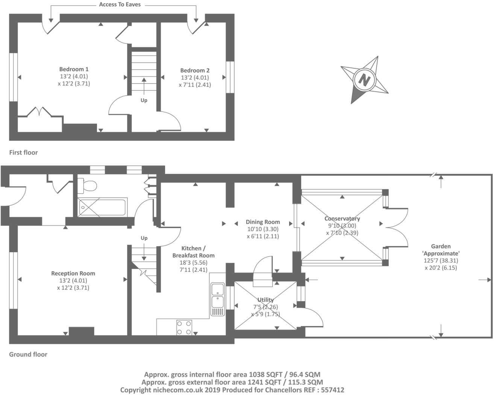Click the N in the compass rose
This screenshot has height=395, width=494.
[364, 79]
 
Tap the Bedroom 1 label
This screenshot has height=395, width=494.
[74, 69]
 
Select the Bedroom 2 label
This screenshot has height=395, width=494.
[195, 70]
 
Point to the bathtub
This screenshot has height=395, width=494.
[102, 207]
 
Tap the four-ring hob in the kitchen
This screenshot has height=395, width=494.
[184, 327]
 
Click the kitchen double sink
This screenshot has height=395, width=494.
[218, 299]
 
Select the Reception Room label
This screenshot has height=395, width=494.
[73, 273]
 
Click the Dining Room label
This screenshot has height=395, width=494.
[263, 222]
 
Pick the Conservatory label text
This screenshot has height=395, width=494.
[342, 218]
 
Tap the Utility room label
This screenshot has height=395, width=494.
[265, 300]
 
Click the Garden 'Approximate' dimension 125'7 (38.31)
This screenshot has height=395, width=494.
[441, 261]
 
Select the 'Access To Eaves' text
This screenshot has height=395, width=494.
[120, 5]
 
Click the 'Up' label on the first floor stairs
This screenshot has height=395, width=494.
[144, 100]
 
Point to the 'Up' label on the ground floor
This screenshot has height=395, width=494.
[144, 238]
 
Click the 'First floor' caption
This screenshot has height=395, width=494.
[23, 153]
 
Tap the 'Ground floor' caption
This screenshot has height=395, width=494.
[28, 354]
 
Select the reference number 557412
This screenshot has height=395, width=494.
[333, 390]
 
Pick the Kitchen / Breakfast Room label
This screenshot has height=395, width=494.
[193, 252]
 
